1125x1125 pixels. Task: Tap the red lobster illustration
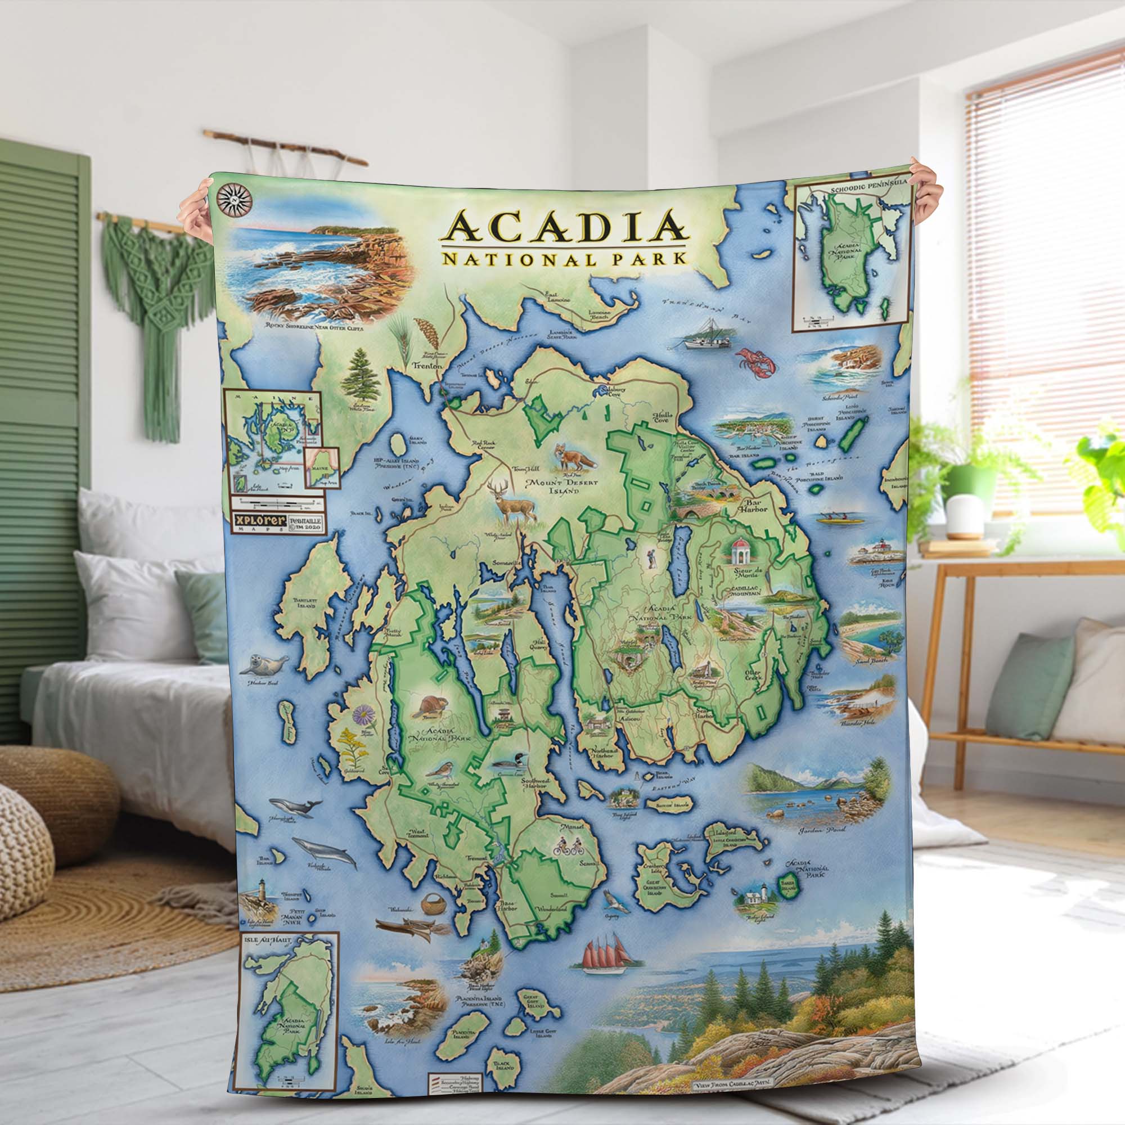click(757, 359)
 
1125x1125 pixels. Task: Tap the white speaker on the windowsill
click(957, 518)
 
